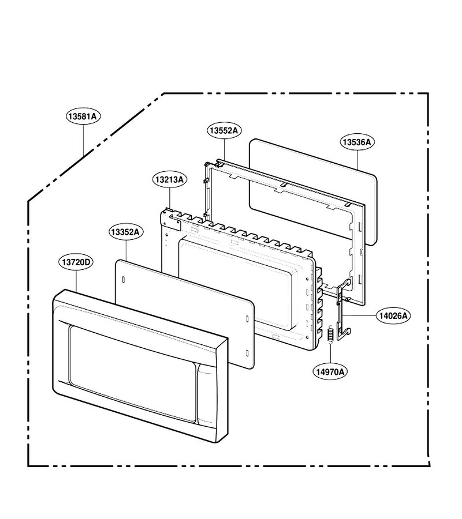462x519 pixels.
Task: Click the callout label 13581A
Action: (83, 116)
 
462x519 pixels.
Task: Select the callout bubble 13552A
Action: (225, 130)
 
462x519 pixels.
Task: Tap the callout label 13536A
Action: (357, 142)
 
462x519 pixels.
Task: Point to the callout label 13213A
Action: (170, 179)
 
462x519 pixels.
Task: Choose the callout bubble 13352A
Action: (126, 232)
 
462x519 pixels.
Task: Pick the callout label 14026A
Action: (393, 316)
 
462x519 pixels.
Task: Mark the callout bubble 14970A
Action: (330, 372)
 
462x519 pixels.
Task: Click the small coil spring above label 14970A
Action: (330, 334)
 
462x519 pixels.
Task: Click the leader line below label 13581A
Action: (83, 140)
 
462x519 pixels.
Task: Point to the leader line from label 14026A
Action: (359, 315)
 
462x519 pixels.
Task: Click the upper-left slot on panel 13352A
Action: (123, 279)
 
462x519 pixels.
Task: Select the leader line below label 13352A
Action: (126, 250)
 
